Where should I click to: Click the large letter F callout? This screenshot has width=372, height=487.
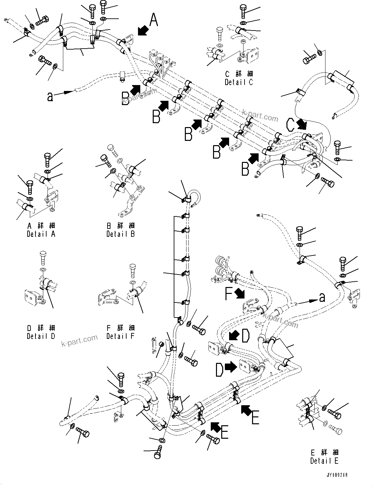coord(229,294)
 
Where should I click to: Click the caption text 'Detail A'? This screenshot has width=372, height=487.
coord(41,234)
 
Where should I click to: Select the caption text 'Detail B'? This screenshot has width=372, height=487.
coord(121,234)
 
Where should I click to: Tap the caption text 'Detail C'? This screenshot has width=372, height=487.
coord(239,82)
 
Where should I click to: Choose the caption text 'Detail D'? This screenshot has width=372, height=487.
coord(41,336)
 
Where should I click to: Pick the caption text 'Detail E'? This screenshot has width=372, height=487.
coord(324,461)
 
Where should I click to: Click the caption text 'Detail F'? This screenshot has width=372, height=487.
coord(121,336)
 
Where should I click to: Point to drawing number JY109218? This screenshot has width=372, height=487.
coord(337,475)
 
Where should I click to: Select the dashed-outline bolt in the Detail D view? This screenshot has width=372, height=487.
coord(43,257)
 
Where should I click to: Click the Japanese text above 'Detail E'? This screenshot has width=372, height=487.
coord(324,453)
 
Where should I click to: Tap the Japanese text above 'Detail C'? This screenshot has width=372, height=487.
coord(239,74)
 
